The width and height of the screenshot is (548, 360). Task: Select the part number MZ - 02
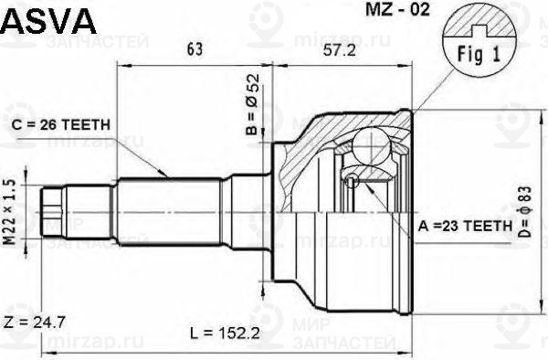click(x=397, y=10)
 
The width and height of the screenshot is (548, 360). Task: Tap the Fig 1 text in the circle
click(x=479, y=54)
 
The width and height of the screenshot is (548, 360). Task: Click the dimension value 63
click(x=195, y=49)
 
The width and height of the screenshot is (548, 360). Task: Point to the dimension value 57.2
click(x=340, y=51)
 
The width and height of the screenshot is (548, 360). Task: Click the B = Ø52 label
click(x=252, y=104)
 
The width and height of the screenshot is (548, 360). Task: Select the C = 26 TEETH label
click(x=61, y=125)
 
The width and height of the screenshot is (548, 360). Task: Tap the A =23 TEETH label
click(x=465, y=226)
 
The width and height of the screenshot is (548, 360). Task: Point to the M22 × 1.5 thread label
click(x=10, y=212)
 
